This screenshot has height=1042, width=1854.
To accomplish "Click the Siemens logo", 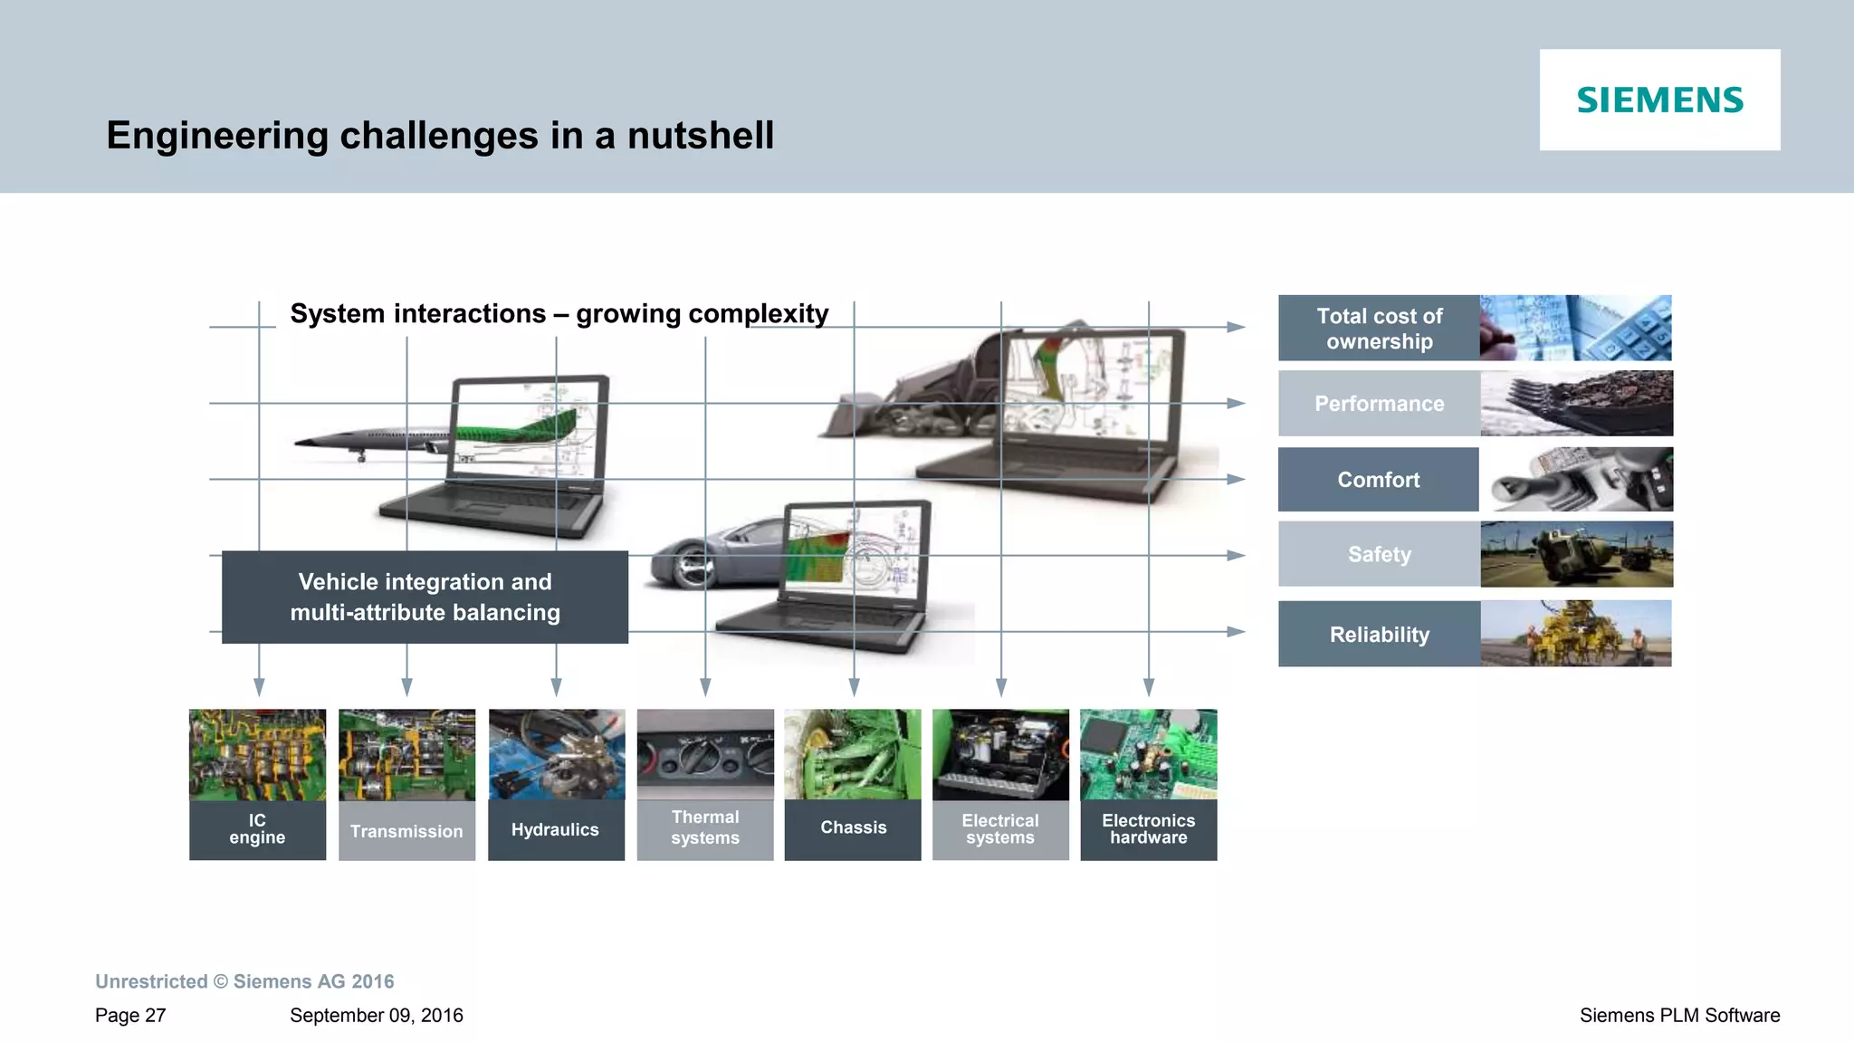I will click(1659, 100).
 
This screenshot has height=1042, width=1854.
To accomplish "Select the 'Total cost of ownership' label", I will click(1379, 329).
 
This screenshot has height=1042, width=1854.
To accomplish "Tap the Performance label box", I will click(1379, 404).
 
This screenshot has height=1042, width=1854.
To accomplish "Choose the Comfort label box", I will click(1378, 480).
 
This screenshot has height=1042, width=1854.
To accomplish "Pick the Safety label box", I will click(1379, 554).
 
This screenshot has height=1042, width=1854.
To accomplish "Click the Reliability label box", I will click(1379, 635).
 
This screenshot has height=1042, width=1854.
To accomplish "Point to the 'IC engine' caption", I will click(257, 829).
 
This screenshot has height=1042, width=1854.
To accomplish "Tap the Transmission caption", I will click(406, 831).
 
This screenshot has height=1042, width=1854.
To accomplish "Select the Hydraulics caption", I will click(555, 829).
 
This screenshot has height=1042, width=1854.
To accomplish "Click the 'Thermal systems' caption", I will click(705, 828).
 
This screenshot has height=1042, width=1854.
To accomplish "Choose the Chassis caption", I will click(853, 827).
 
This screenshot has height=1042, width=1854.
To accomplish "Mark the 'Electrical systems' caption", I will click(1000, 829).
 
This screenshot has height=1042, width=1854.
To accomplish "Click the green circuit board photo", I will click(1148, 754).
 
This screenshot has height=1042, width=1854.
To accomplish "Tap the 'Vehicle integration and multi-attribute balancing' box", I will click(425, 597).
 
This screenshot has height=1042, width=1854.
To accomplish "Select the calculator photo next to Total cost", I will click(1575, 328).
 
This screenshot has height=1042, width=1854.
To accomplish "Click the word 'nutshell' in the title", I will click(701, 136).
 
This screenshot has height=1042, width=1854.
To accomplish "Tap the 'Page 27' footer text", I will click(130, 1016).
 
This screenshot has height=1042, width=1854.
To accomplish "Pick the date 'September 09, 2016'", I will click(376, 1016).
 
